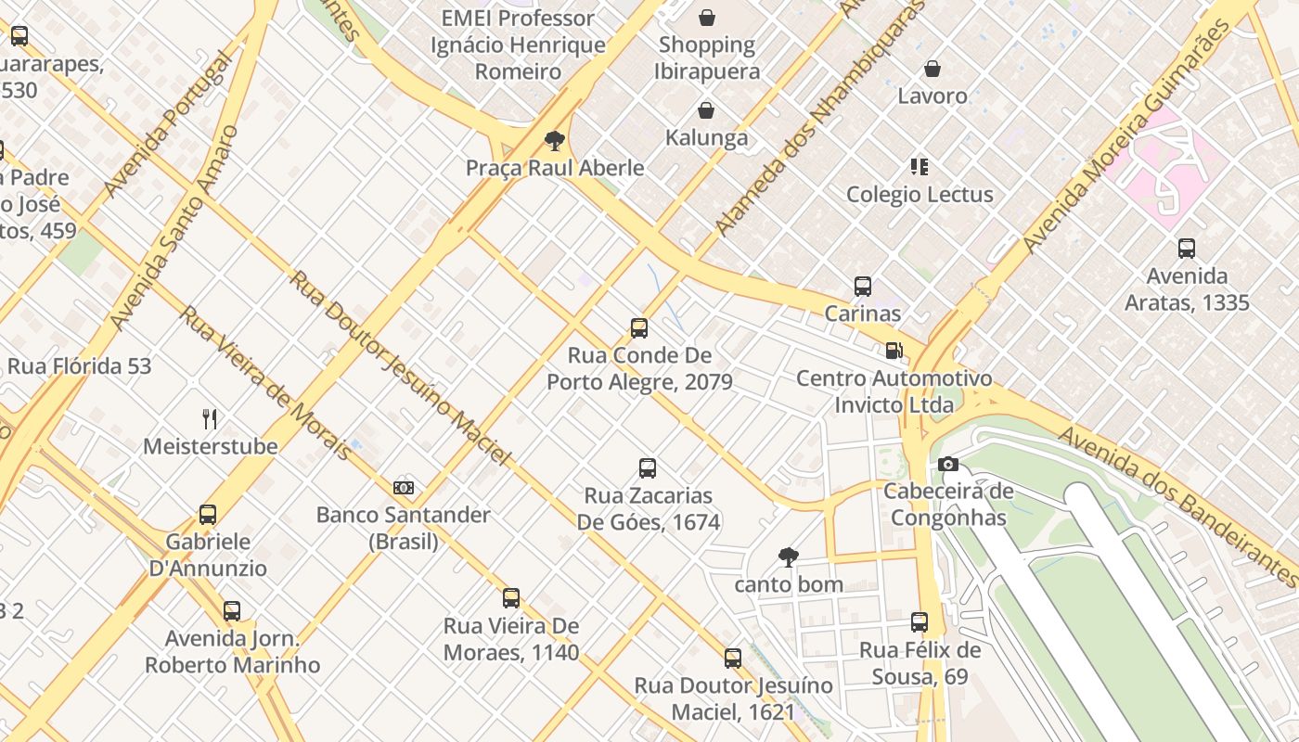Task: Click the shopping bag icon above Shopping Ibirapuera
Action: tap(707, 18)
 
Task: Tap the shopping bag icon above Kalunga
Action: tap(706, 111)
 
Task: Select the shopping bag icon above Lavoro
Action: tap(932, 70)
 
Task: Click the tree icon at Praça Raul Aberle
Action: tap(555, 141)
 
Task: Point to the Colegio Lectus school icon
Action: tap(920, 167)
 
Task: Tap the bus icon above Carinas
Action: tap(863, 287)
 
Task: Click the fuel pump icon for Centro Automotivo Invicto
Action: tap(894, 351)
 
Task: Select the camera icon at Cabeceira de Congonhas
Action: tap(947, 464)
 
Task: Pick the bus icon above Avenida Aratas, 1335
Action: tap(1187, 249)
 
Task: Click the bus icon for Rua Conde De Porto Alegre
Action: tap(639, 327)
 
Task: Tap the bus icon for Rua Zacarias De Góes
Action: tap(648, 468)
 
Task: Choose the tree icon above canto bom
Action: tap(789, 557)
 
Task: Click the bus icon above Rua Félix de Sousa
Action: tap(920, 622)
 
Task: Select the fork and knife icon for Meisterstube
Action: tap(210, 419)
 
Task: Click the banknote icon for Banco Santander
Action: tap(404, 488)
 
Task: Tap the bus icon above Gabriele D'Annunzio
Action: tap(208, 515)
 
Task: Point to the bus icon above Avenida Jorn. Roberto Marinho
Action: tap(232, 611)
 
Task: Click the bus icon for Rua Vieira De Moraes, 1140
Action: tap(511, 598)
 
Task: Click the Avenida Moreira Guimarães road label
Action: tap(1127, 135)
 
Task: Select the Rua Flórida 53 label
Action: tap(79, 366)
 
